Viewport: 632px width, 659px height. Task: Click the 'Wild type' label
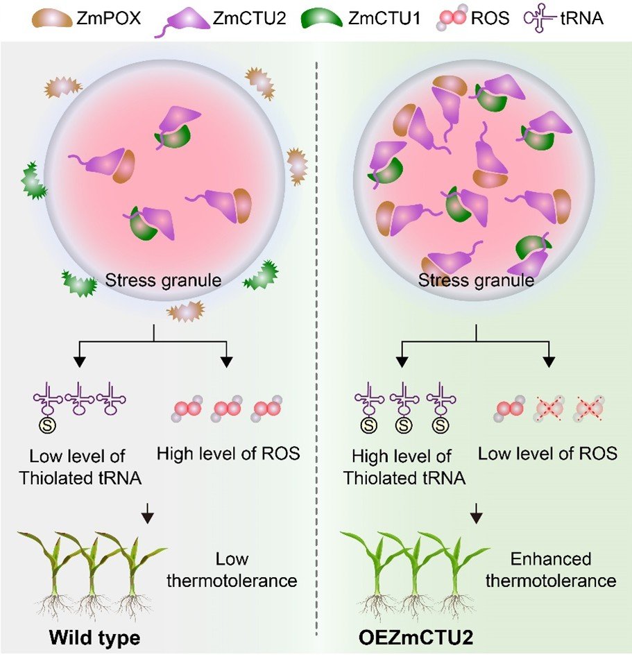[90, 637]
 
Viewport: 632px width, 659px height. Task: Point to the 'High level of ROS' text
[228, 454]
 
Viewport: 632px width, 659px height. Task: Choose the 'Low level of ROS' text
[548, 454]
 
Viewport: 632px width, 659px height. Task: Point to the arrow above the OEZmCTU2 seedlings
[476, 515]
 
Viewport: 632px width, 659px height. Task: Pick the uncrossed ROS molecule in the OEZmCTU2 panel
[511, 411]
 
